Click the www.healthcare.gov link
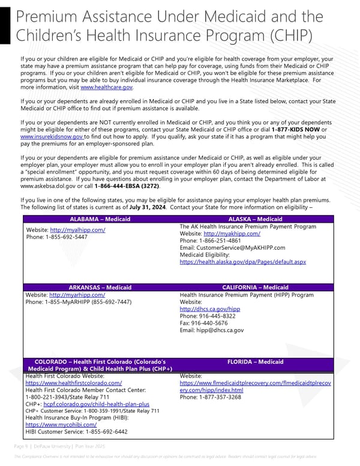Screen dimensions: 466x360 106,87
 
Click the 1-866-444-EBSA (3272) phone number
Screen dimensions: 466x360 127,187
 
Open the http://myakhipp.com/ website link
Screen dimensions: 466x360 232,234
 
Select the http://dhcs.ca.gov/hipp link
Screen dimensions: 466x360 210,309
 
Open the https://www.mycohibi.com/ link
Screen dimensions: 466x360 61,425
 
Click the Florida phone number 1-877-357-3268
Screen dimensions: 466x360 210,397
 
